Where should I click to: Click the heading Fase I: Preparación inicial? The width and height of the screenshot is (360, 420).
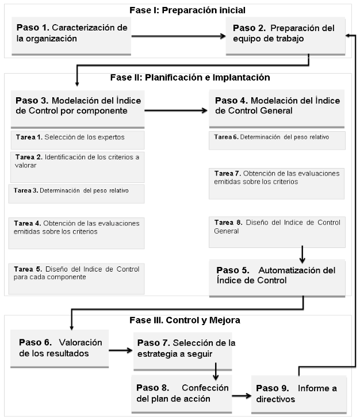tap(187, 10)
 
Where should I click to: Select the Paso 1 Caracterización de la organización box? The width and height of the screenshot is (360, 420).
tap(71, 36)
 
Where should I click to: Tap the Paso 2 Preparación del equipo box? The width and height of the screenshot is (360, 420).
tap(285, 36)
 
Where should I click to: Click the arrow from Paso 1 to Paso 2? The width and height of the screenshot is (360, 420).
tap(178, 36)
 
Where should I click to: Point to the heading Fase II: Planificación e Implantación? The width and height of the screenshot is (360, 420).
tap(190, 78)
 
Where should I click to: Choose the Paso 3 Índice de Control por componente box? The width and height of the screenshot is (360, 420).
tap(78, 109)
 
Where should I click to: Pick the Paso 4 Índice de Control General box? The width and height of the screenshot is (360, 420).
tap(277, 109)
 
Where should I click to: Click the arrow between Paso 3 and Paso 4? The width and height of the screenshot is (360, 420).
tap(176, 110)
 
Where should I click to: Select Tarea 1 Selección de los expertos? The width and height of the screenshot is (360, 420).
tap(78, 140)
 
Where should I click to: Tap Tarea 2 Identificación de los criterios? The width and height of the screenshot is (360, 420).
tap(78, 167)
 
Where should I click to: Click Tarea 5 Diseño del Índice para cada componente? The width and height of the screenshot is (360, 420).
tap(76, 279)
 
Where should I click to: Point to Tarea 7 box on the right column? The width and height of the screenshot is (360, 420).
tap(277, 184)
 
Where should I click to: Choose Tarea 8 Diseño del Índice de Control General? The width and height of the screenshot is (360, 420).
tap(277, 232)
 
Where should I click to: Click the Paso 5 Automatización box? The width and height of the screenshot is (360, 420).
tap(277, 278)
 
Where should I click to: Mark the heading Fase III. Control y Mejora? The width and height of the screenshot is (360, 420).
tap(185, 320)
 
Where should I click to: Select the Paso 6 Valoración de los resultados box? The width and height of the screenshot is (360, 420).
tap(60, 349)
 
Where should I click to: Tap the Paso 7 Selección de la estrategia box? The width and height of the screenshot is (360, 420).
tap(183, 352)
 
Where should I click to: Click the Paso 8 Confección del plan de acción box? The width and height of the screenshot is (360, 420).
tap(182, 394)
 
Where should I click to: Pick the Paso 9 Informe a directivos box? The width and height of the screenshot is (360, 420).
tap(299, 395)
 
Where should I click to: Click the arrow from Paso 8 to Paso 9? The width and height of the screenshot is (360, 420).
tap(242, 396)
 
